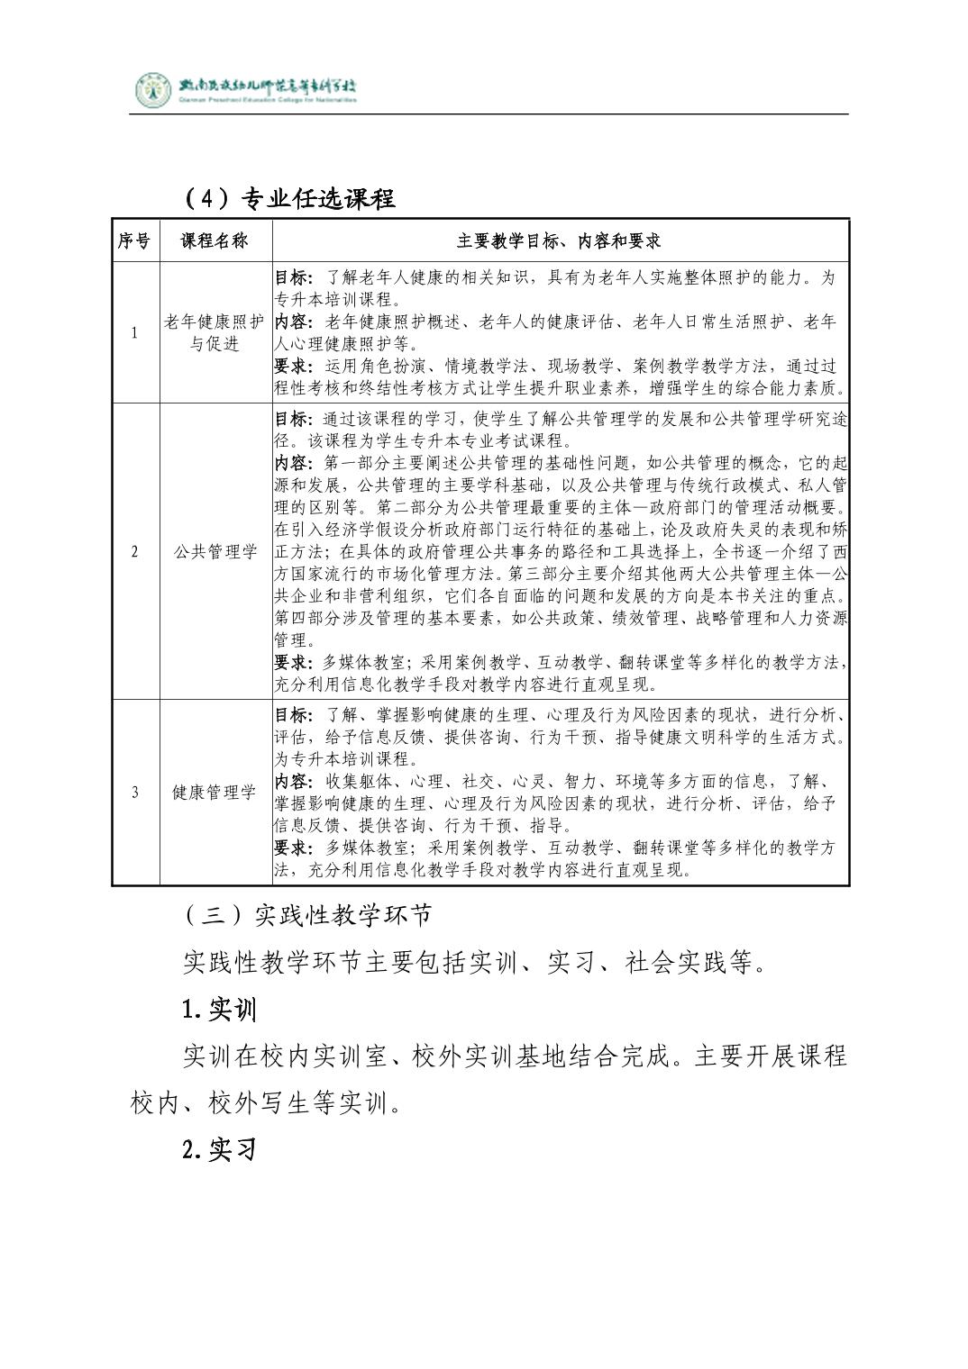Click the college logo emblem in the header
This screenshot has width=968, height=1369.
click(x=153, y=89)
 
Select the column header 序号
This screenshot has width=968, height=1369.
click(x=135, y=240)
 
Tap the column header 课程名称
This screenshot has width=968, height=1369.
click(x=215, y=240)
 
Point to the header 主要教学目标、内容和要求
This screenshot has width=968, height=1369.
click(x=560, y=240)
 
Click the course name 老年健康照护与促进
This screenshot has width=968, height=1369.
click(x=215, y=333)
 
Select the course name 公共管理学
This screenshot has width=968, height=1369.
click(x=215, y=552)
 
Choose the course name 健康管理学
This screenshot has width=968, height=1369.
click(x=215, y=793)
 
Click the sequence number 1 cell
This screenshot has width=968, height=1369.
click(x=135, y=333)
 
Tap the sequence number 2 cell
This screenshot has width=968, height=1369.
click(x=135, y=552)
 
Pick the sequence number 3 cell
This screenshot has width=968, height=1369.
click(x=135, y=793)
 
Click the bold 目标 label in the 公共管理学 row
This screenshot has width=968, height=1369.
click(x=292, y=420)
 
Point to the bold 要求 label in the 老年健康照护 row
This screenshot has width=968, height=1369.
click(x=292, y=367)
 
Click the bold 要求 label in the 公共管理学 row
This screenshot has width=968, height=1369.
click(x=292, y=663)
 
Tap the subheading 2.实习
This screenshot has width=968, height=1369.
click(x=219, y=1150)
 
